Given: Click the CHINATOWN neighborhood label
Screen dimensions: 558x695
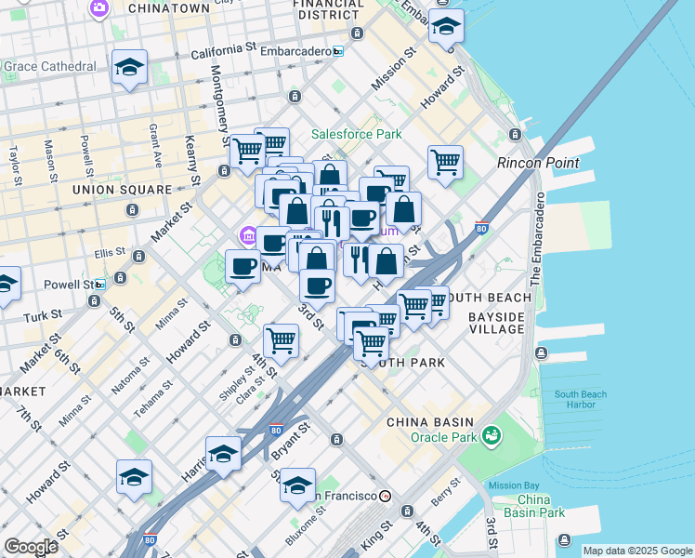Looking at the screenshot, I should [x=168, y=8].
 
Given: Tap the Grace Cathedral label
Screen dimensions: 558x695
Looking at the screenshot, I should [x=50, y=67].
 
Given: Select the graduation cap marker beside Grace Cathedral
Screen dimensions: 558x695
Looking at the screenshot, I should [x=129, y=68].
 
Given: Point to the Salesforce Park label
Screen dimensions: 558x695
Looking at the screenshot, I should [x=356, y=135].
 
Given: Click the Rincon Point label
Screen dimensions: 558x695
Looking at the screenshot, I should [x=538, y=163].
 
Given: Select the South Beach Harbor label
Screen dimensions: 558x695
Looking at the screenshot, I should [x=581, y=399].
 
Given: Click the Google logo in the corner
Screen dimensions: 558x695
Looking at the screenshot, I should [x=31, y=547].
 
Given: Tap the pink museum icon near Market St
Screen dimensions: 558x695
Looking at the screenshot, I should [x=247, y=236].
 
